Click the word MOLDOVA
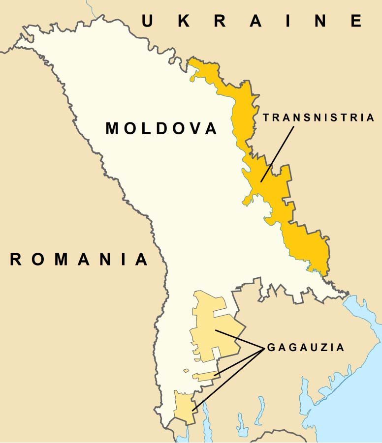[x=161, y=129]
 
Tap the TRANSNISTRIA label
[x=318, y=118]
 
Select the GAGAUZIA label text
[x=306, y=348]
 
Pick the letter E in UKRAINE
[x=356, y=21]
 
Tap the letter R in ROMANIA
[x=16, y=259]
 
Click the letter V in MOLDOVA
[x=193, y=129]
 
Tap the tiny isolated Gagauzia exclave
[x=186, y=371]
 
